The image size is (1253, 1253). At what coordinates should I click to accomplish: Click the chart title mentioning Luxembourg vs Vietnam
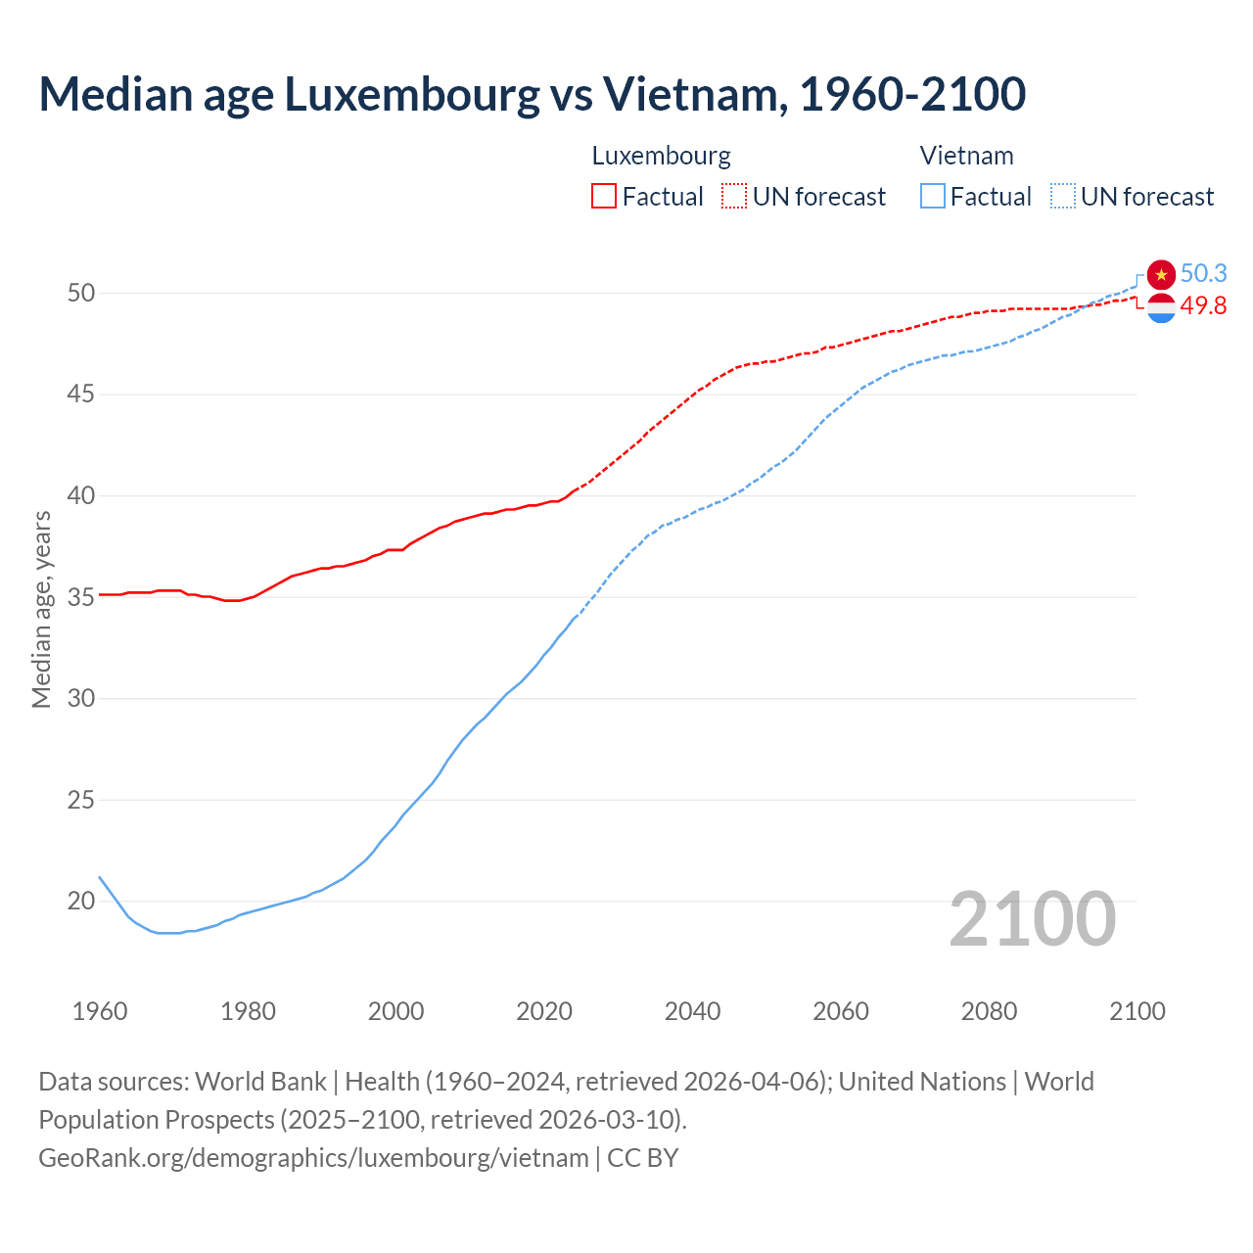click(x=532, y=94)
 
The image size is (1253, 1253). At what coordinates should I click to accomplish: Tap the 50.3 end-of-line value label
click(x=1203, y=273)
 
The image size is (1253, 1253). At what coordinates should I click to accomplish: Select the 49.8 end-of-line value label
click(x=1203, y=305)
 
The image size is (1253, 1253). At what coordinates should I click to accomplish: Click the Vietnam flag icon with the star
click(x=1161, y=275)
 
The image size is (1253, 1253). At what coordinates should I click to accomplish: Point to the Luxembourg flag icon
click(x=1161, y=308)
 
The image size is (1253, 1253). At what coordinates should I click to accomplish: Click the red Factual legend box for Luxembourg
click(x=604, y=196)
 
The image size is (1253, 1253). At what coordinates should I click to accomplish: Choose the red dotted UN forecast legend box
click(x=734, y=196)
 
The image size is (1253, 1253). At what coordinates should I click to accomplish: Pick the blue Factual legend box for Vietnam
click(x=933, y=196)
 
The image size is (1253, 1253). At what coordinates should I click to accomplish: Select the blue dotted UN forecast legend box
click(x=1062, y=196)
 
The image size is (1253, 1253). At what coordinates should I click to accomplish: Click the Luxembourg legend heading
click(x=661, y=156)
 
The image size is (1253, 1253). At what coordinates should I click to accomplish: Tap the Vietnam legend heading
click(x=966, y=156)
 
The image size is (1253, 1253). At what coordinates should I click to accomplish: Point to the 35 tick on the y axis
click(x=81, y=597)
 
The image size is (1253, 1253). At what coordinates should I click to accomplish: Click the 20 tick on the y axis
click(x=81, y=901)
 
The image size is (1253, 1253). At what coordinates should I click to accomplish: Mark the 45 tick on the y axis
click(x=81, y=394)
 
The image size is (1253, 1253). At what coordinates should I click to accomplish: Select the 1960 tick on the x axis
click(x=100, y=1011)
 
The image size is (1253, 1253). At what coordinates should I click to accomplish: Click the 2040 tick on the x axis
click(x=692, y=1011)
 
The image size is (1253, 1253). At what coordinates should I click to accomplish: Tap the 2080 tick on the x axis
click(x=989, y=1011)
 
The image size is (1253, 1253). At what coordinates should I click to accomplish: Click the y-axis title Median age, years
click(x=41, y=608)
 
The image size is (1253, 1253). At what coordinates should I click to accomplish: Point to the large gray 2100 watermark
click(x=1032, y=919)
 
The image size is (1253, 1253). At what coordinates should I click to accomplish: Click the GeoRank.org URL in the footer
click(x=313, y=1157)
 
